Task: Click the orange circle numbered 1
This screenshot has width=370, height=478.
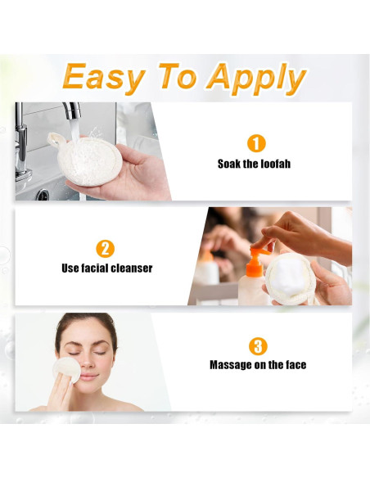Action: [256, 143]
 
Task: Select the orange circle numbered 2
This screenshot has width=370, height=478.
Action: [106, 249]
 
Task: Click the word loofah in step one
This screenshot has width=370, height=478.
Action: [273, 164]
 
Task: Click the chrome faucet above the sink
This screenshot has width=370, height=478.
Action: [72, 115]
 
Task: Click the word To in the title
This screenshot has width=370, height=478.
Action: [179, 78]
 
